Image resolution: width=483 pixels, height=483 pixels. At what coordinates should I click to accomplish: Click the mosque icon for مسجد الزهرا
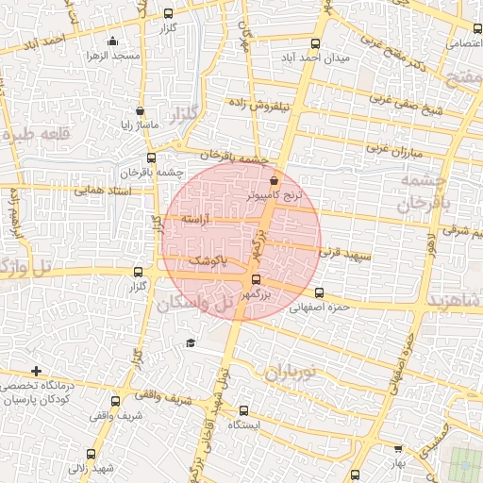coord(114,41)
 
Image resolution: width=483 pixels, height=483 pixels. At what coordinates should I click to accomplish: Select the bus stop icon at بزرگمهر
coord(256,279)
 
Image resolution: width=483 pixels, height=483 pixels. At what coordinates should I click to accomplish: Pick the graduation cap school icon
coord(191,341)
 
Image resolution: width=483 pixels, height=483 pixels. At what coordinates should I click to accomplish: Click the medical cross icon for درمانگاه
coord(37,371)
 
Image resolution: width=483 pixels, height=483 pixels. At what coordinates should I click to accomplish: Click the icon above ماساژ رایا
coord(140,110)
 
